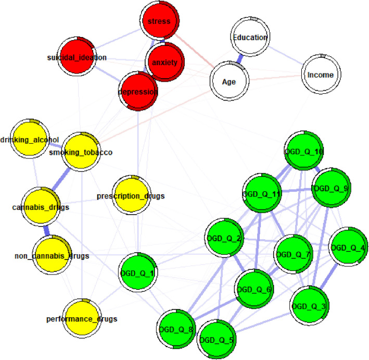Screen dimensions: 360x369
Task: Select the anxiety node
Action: pyautogui.click(x=164, y=61)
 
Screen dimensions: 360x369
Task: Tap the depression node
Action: pyautogui.click(x=138, y=91)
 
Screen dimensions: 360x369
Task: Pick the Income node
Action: pyautogui.click(x=320, y=75)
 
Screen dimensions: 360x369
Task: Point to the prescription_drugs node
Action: pyautogui.click(x=131, y=195)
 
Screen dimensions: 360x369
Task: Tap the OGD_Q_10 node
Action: pyautogui.click(x=304, y=151)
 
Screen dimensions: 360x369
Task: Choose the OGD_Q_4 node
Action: pyautogui.click(x=348, y=247)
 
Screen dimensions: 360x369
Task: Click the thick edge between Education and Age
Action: pyautogui.click(x=240, y=58)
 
